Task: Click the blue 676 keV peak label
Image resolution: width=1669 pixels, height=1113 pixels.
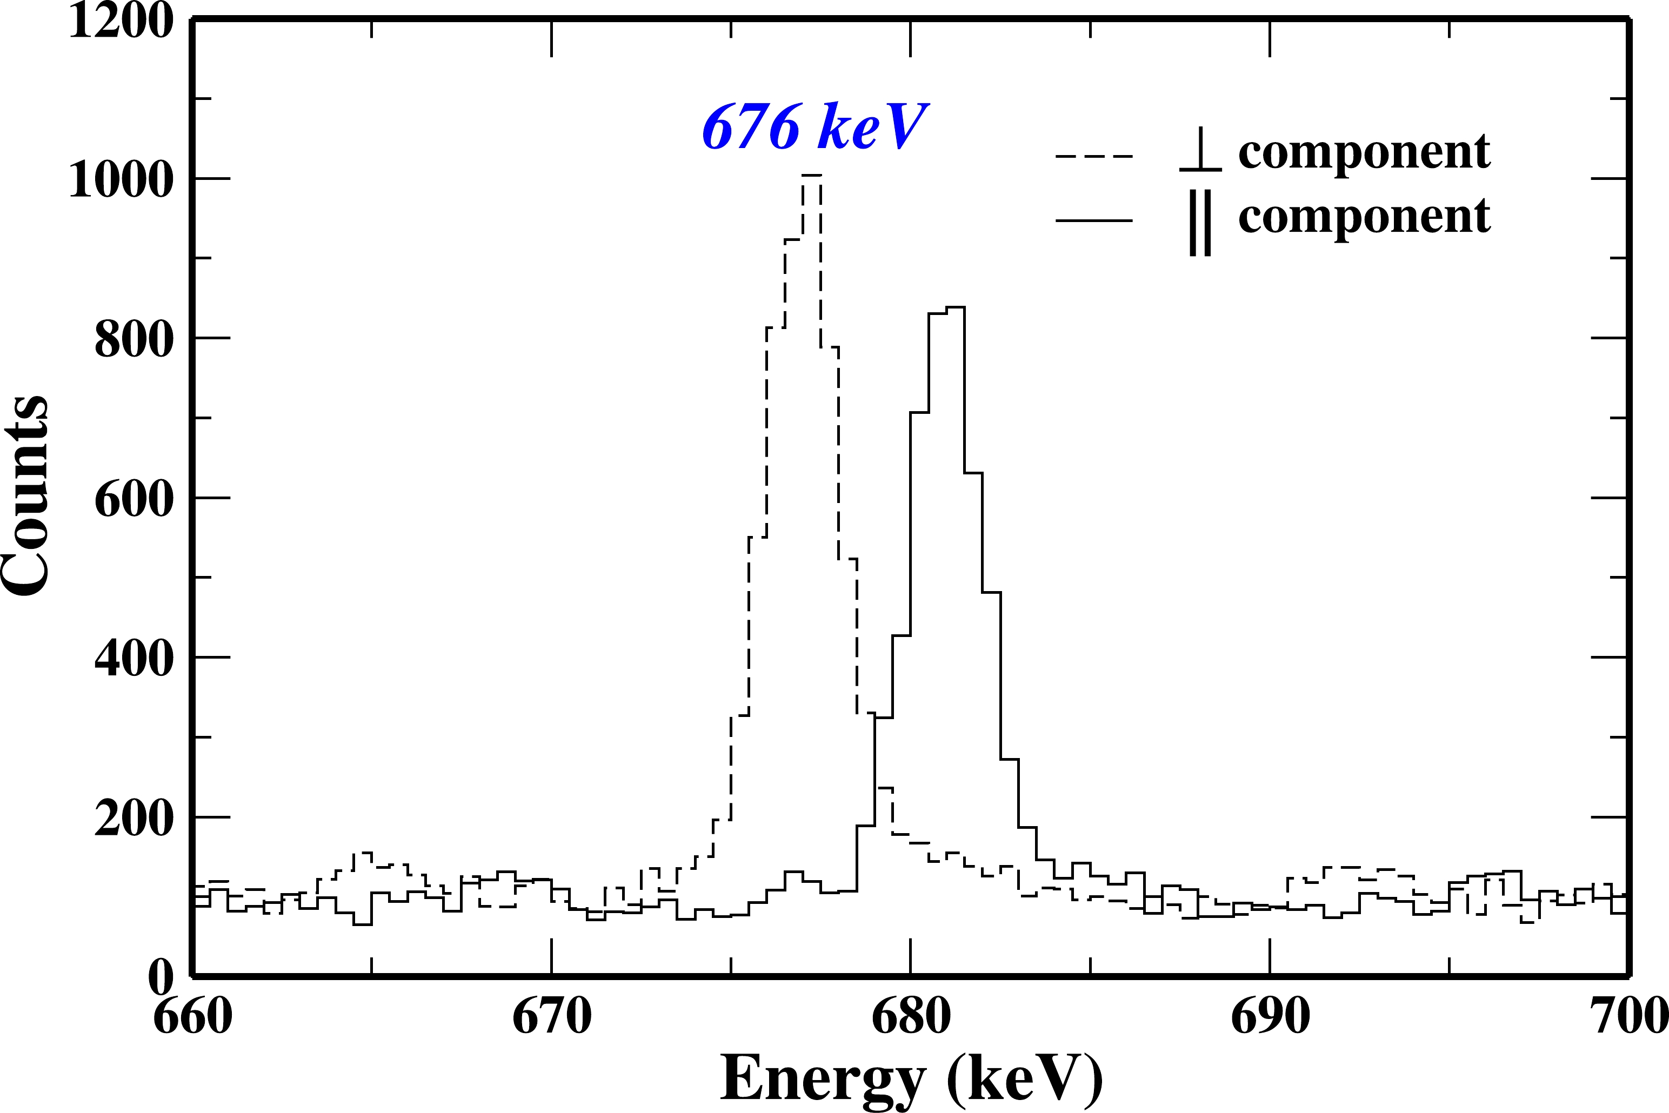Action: tap(815, 127)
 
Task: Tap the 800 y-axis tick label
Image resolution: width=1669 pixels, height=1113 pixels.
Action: tap(133, 339)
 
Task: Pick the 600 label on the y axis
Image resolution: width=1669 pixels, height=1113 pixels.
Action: tap(133, 499)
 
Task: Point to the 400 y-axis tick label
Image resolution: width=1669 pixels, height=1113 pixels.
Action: tap(133, 659)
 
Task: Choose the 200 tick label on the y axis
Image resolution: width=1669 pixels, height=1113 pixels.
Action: tap(133, 819)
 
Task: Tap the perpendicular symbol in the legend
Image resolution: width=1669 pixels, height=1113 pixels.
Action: tap(1200, 151)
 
